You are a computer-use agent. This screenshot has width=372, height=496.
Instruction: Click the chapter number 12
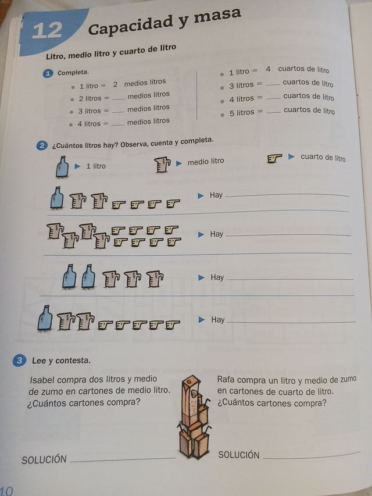(47, 31)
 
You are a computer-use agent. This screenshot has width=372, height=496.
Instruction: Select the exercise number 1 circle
(48, 73)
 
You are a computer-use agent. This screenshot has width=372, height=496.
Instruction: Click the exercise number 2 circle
(42, 146)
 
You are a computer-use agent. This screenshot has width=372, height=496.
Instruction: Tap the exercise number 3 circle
(20, 361)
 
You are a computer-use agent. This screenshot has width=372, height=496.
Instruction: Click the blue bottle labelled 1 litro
(62, 167)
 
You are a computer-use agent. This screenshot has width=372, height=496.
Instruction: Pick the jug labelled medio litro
(162, 165)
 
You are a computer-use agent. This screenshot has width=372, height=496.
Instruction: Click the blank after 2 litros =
(118, 98)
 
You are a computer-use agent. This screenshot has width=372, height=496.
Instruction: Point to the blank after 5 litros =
(273, 111)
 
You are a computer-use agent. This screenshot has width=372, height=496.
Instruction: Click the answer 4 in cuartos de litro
(269, 69)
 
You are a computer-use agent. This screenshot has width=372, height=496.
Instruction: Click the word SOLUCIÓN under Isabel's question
(44, 459)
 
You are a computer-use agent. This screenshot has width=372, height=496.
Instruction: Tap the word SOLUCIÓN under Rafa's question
(239, 455)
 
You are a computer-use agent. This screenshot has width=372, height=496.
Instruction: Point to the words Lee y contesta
(61, 361)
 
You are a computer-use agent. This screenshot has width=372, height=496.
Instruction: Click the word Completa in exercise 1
(73, 73)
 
